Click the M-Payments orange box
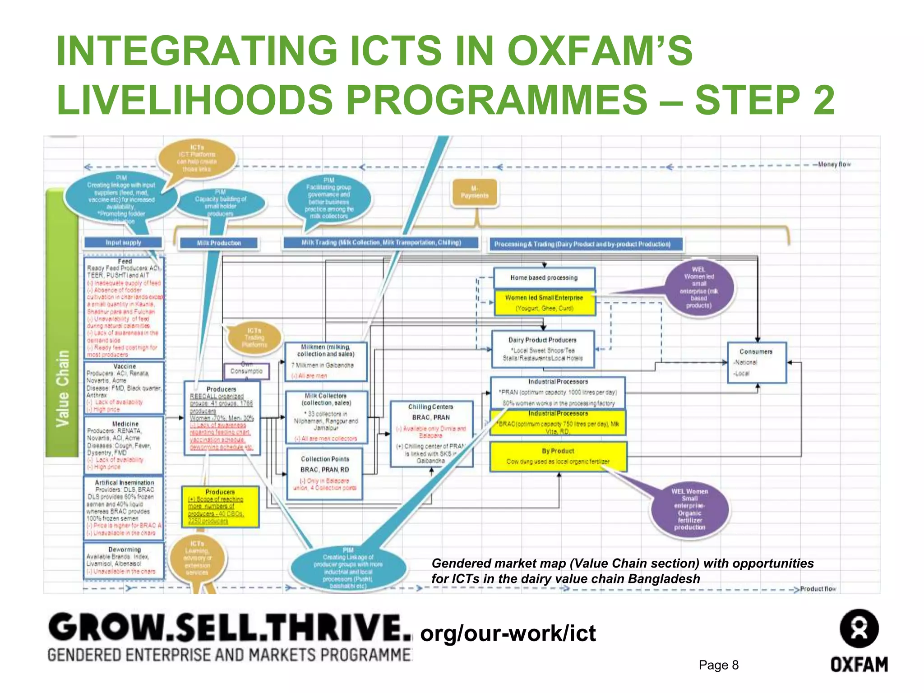point(475,192)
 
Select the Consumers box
point(757,362)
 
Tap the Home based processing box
point(544,278)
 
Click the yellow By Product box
point(558,456)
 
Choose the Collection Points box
point(325,473)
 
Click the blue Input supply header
point(123,243)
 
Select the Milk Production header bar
point(219,243)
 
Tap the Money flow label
point(834,165)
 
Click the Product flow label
point(818,589)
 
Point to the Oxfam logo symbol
point(859,628)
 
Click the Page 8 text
point(718,665)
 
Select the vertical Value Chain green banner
point(62,388)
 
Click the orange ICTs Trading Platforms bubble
point(254,338)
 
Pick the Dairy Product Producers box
point(543,349)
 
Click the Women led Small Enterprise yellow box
point(544,303)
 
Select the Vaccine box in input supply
point(125,388)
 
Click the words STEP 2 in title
point(764,100)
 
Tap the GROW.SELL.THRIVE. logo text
point(230,627)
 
